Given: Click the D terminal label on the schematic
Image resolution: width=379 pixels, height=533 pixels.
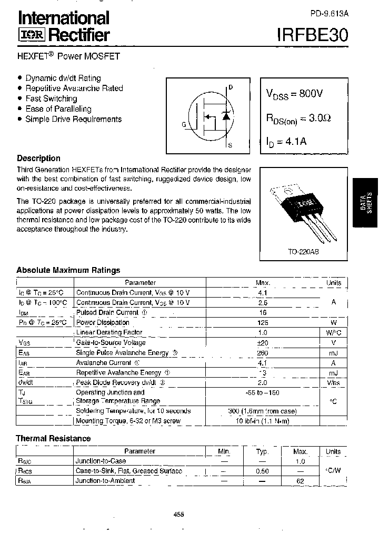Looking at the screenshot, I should [x=231, y=87].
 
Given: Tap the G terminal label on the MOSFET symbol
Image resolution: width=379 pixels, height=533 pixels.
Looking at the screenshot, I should [x=184, y=125].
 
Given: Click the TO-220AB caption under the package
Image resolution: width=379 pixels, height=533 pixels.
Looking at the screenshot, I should [x=303, y=252].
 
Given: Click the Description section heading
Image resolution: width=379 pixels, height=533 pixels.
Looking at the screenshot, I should [x=38, y=158].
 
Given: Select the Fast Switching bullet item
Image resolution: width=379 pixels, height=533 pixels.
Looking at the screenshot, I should [x=51, y=98].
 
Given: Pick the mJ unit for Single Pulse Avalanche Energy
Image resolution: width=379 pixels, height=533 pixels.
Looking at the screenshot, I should [x=334, y=353].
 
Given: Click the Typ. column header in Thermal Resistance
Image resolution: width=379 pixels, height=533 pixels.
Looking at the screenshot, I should [x=262, y=451].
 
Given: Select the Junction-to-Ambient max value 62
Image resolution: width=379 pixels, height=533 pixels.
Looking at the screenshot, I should [x=301, y=481].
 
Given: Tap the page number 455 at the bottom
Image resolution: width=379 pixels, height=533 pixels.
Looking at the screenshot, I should [x=179, y=515].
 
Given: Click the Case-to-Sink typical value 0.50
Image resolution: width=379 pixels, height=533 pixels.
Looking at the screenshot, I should [x=262, y=471].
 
